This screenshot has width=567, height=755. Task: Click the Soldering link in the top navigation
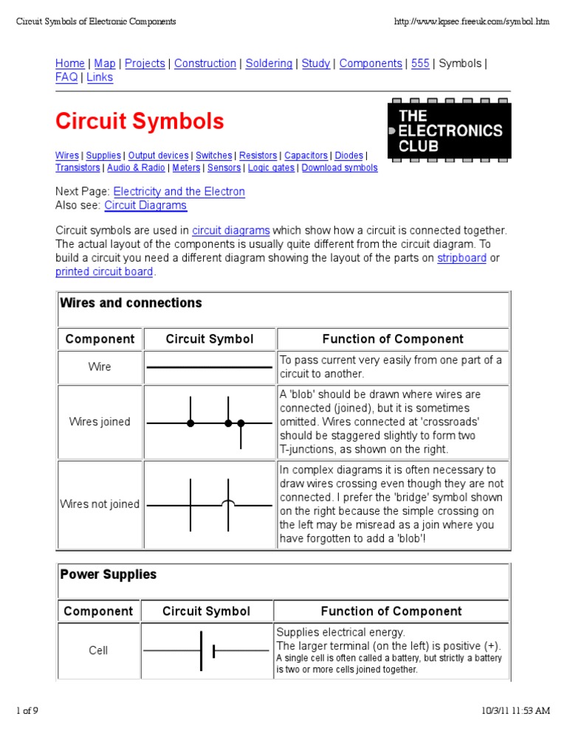(269, 63)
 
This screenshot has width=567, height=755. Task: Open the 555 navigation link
(420, 63)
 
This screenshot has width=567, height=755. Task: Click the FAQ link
(66, 77)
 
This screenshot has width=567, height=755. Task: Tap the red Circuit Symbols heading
(140, 121)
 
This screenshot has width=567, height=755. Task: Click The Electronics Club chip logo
(450, 131)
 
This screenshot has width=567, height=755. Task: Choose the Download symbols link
(340, 168)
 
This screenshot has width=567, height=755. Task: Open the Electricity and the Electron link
(179, 192)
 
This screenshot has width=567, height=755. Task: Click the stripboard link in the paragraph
(461, 258)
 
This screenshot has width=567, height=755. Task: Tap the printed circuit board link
(104, 272)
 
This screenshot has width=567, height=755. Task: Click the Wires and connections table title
(131, 303)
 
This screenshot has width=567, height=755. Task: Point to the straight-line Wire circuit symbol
(210, 367)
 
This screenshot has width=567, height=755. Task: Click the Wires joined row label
(100, 422)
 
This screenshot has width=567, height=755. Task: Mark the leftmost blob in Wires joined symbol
(190, 423)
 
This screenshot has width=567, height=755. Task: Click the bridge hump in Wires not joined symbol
(229, 504)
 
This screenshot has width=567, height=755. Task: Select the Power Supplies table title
(109, 575)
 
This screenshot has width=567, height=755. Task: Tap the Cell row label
(98, 650)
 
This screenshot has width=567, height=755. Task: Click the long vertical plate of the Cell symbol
(201, 650)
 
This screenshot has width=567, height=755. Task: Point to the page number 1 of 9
(27, 711)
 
